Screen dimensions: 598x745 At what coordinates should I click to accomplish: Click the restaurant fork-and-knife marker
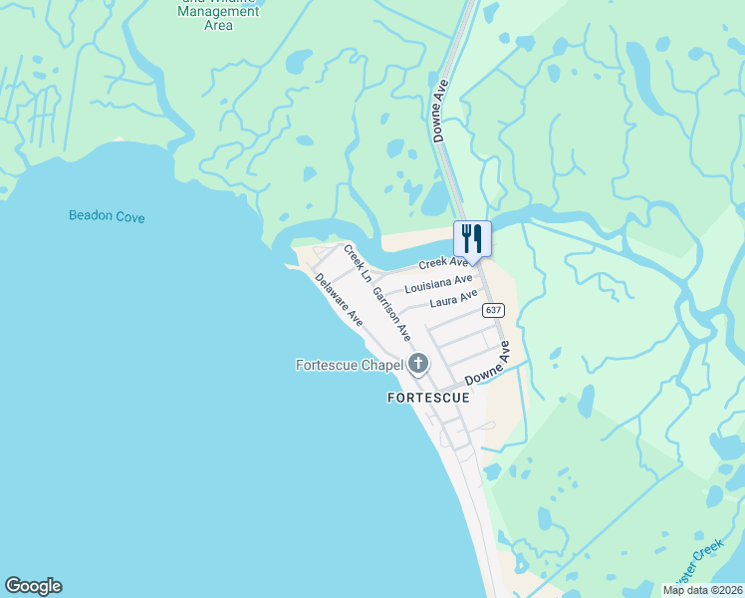tap(471, 238)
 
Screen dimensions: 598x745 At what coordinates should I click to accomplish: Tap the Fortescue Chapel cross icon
tap(418, 365)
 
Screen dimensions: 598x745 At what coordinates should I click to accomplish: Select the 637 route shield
tap(493, 310)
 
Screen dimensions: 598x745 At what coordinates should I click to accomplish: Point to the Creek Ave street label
tap(443, 263)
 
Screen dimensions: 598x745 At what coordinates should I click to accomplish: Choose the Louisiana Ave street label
tap(438, 284)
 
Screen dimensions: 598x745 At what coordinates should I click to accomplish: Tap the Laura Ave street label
tap(453, 299)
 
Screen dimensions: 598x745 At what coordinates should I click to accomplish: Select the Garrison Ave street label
tap(391, 314)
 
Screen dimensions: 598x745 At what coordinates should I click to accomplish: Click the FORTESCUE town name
tap(427, 398)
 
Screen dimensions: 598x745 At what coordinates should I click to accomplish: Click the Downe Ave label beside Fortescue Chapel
tap(486, 365)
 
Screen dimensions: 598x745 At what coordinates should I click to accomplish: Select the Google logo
tap(33, 586)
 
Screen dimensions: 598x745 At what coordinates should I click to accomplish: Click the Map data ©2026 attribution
tap(702, 590)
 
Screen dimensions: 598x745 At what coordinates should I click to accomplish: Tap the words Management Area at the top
tap(218, 18)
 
